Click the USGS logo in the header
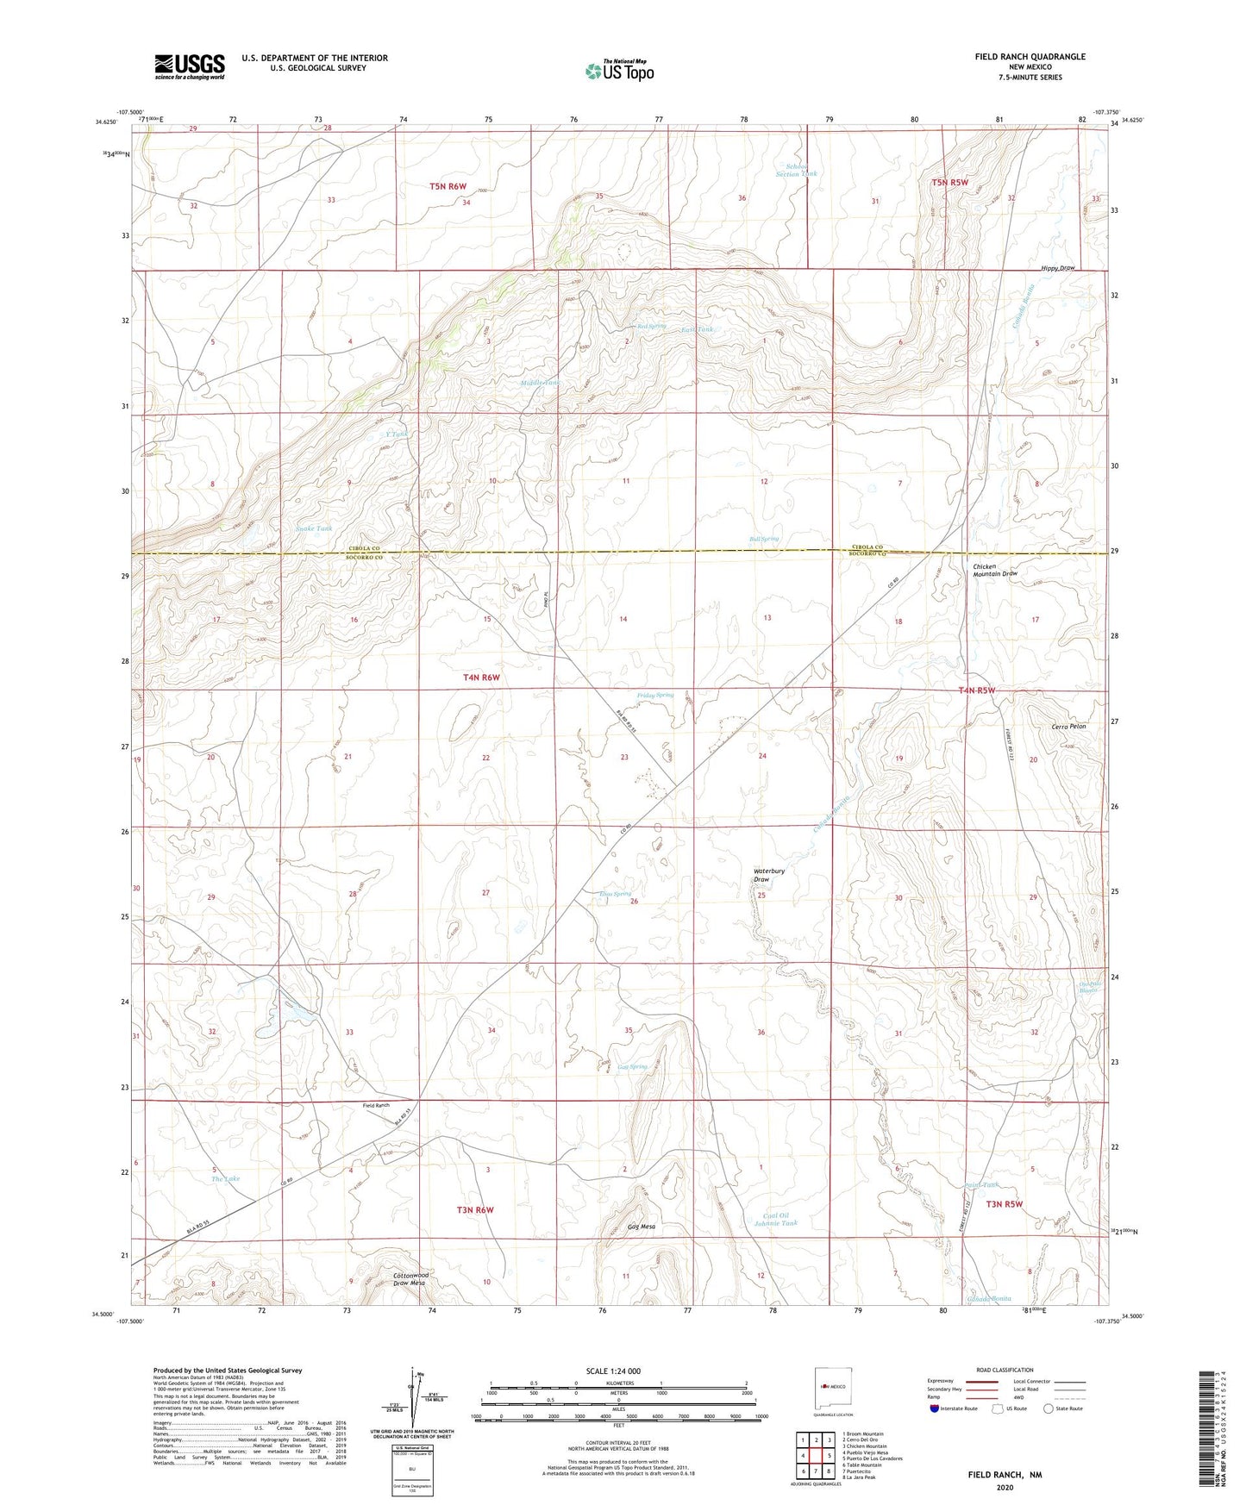point(190,66)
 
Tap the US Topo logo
point(618,71)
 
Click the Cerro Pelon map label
point(1068,727)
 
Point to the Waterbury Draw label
point(769,875)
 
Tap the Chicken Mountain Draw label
point(995,569)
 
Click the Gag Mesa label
point(642,1227)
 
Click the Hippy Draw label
point(1058,268)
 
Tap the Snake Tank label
point(314,528)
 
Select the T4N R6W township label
point(481,678)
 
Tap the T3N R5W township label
point(1004,1204)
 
